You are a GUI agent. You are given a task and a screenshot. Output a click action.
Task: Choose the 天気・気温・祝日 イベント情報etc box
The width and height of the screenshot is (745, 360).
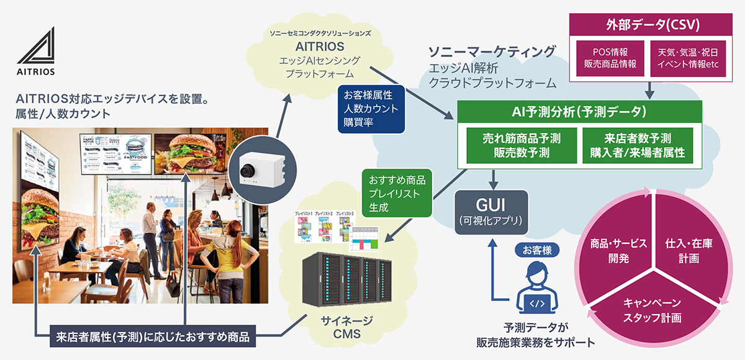pyautogui.click(x=687, y=59)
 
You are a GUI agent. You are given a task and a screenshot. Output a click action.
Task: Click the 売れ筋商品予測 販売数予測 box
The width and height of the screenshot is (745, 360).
pyautogui.click(x=517, y=145)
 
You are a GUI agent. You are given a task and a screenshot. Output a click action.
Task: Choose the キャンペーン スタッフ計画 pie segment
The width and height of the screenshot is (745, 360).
pyautogui.click(x=652, y=310)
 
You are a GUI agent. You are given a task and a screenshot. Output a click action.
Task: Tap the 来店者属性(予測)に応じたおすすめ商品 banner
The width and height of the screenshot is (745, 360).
pyautogui.click(x=153, y=338)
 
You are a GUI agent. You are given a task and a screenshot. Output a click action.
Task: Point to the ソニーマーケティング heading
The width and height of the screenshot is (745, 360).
pyautogui.click(x=492, y=51)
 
